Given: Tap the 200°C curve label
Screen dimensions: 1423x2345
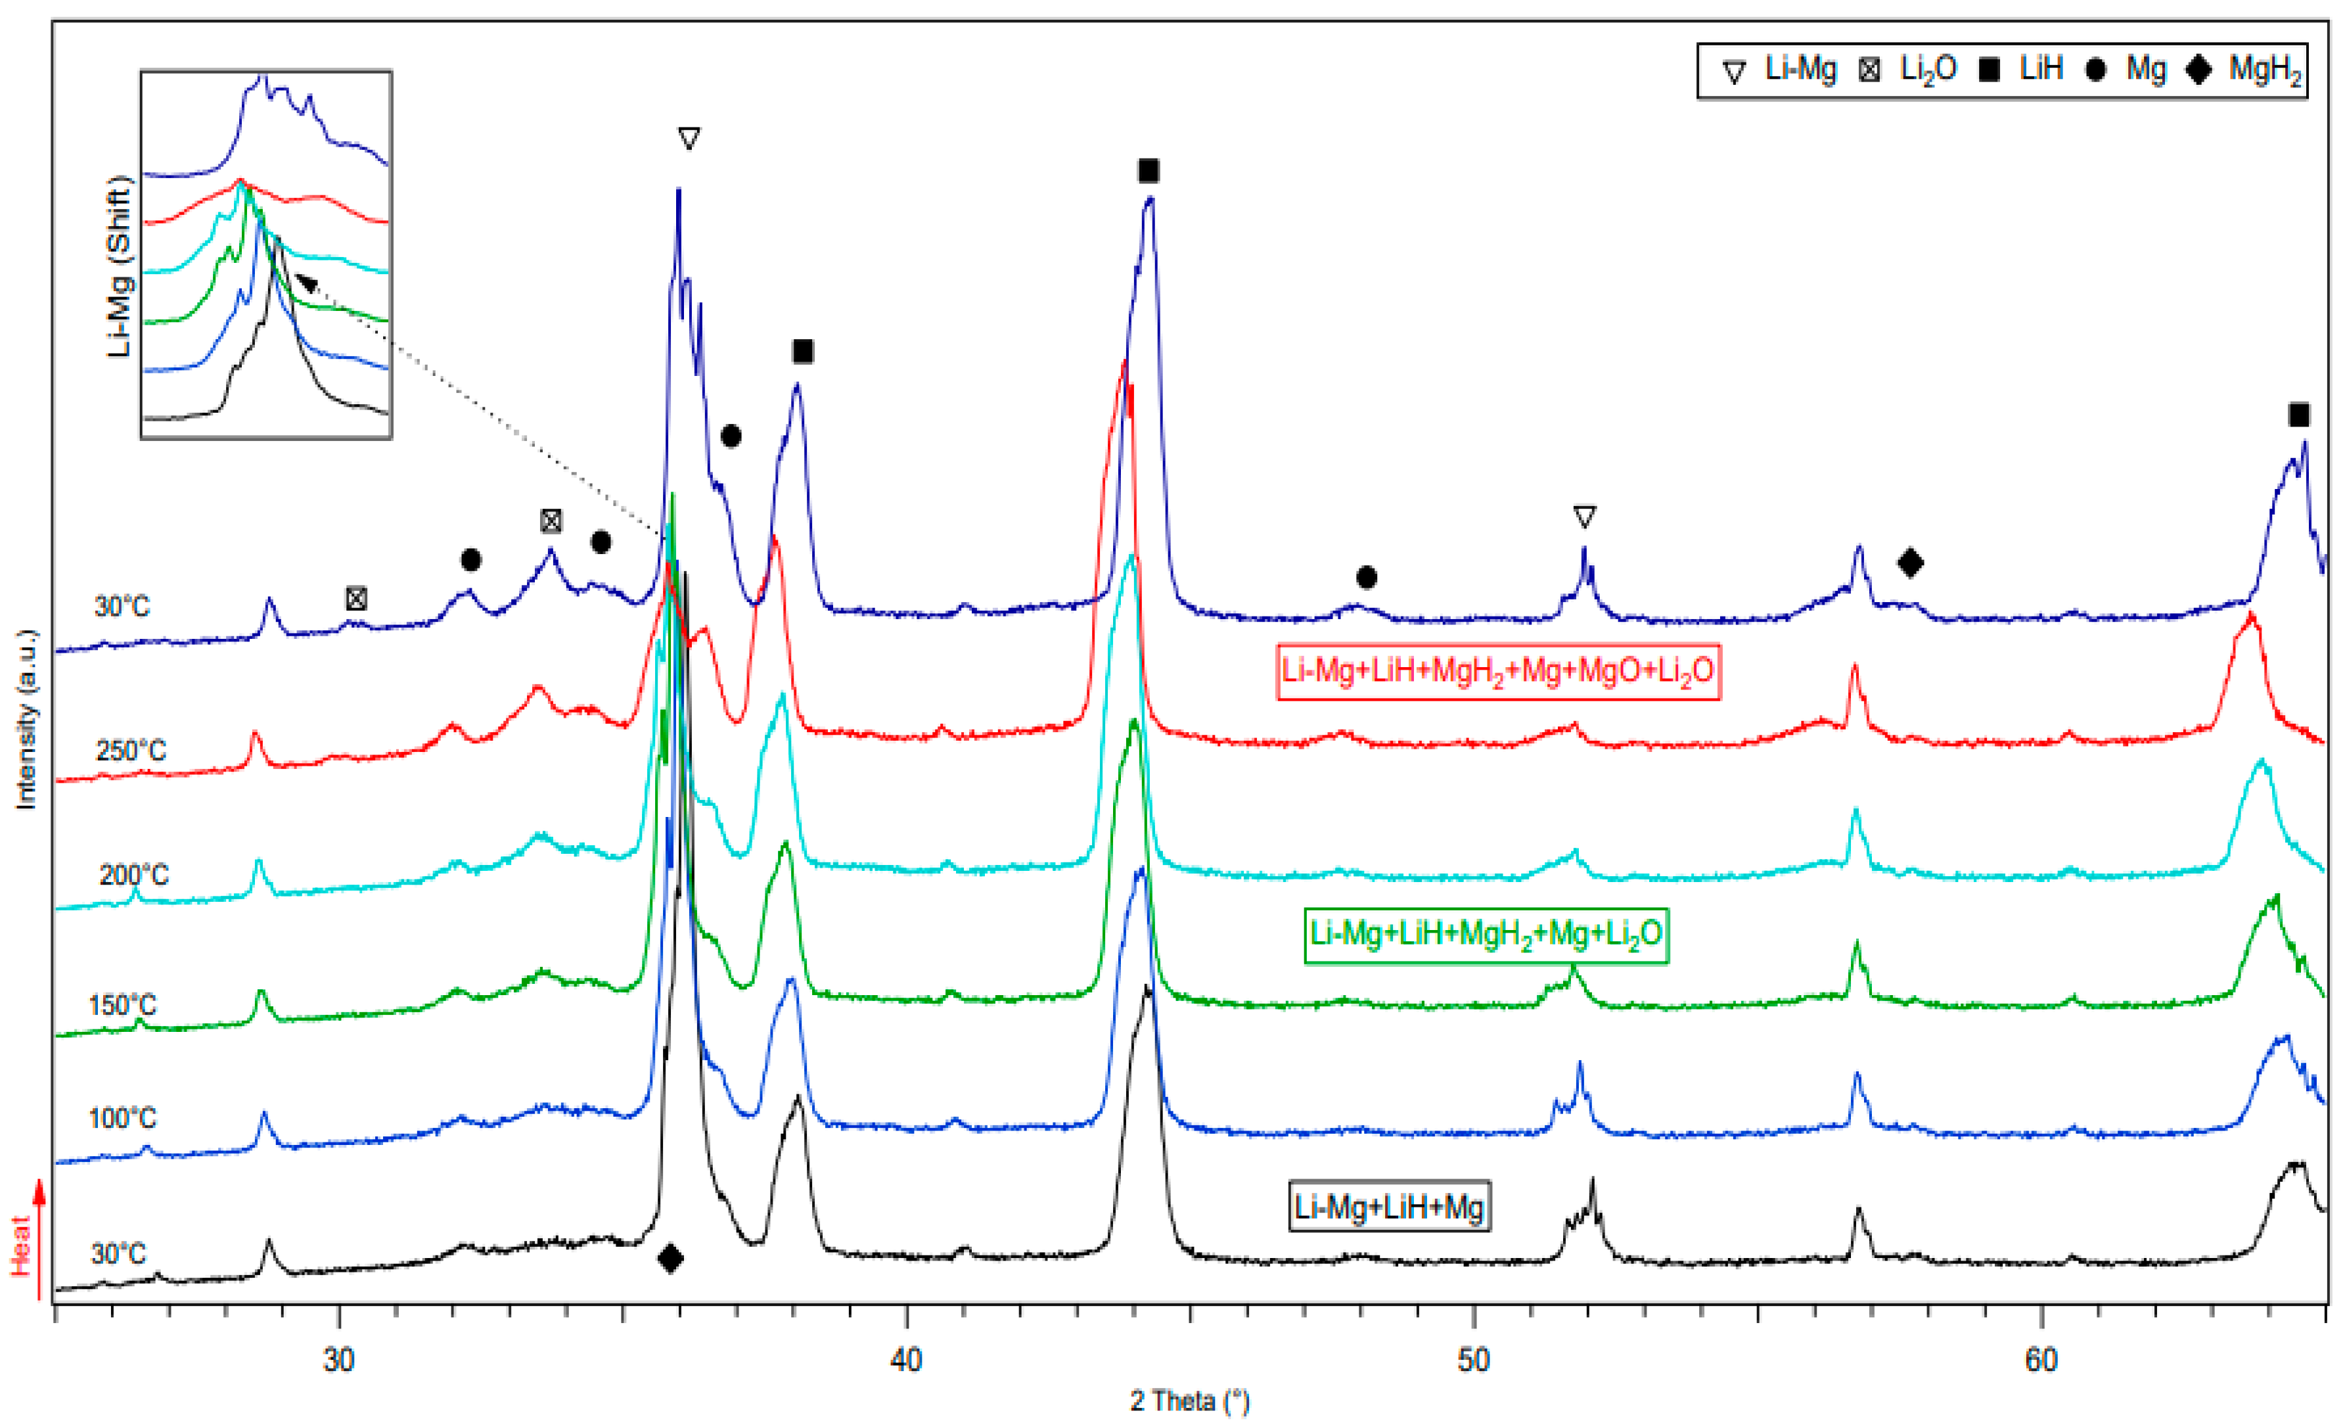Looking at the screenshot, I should (133, 875).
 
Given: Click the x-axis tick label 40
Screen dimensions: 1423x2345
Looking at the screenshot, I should (906, 1360).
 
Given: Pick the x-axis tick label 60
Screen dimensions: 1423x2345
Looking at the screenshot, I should (2041, 1360).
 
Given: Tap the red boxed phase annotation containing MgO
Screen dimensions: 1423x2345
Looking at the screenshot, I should (1498, 671).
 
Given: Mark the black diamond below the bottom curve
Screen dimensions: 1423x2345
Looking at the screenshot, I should (670, 1257).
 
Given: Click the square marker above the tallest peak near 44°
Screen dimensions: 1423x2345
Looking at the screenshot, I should (1149, 172).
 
